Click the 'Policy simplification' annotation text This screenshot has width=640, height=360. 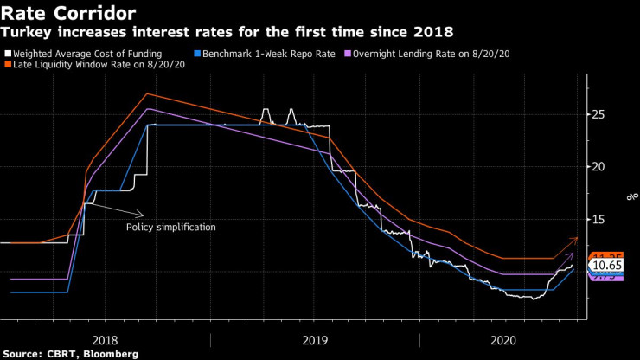pos(170,227)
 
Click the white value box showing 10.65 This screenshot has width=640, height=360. pos(610,265)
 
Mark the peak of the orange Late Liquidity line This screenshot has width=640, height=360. pos(146,93)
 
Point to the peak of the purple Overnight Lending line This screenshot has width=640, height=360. pos(148,108)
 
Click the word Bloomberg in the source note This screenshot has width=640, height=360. pos(109,354)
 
